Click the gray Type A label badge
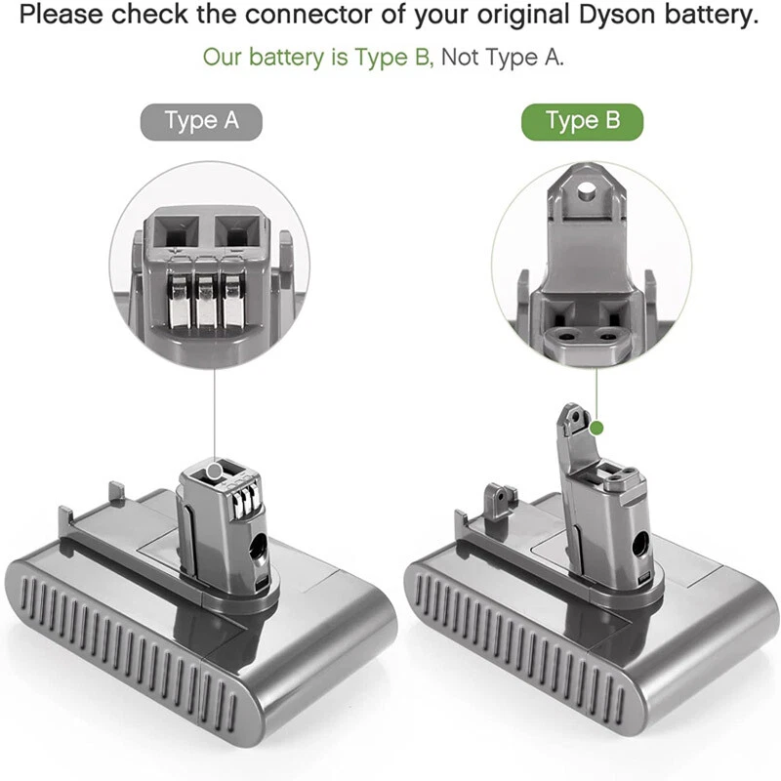coord(201,121)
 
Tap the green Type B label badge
coord(582,121)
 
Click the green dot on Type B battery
coord(597,428)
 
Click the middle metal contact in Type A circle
coord(206,298)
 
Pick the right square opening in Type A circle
coord(234,233)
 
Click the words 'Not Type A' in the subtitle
coord(502,57)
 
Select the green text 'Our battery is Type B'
coord(316,57)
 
